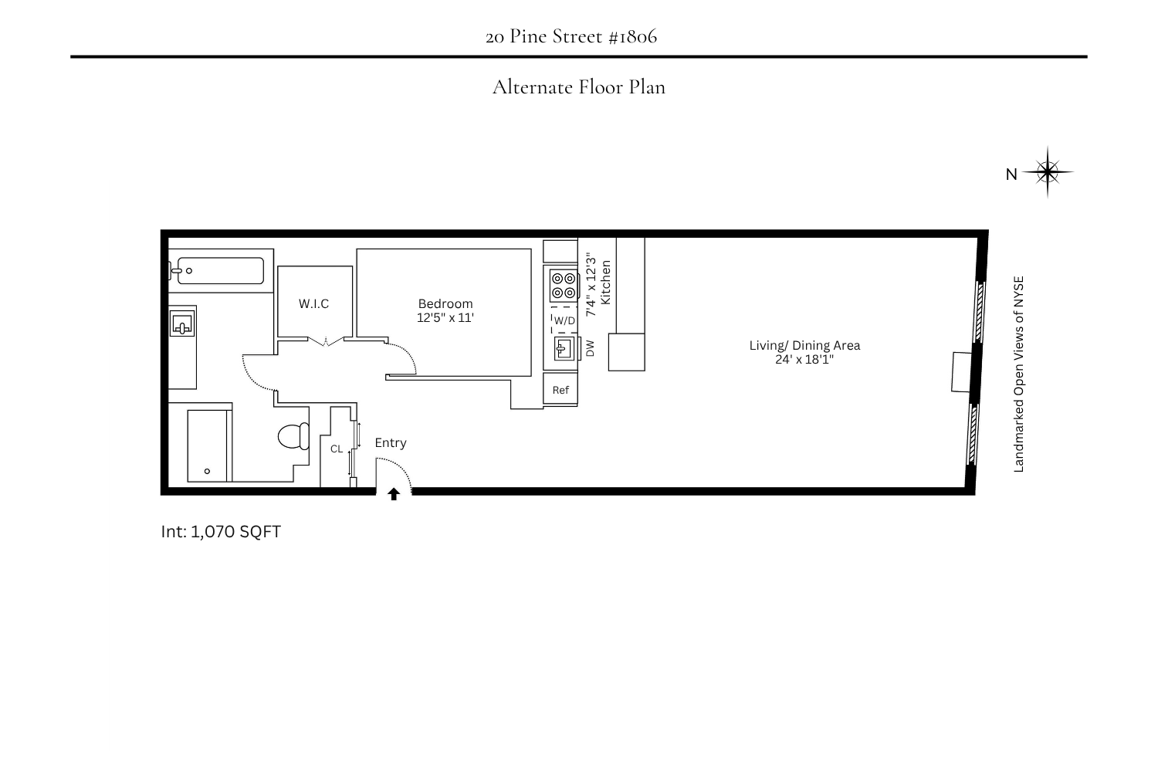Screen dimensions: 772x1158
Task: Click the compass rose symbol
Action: [x=1048, y=172]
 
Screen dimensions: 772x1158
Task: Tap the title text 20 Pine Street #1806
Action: [x=571, y=36]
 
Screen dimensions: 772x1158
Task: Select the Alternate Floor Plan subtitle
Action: [x=578, y=86]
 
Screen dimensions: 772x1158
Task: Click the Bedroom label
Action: [x=445, y=303]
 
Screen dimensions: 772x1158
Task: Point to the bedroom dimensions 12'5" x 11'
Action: [x=445, y=317]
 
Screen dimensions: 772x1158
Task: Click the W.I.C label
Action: [x=313, y=303]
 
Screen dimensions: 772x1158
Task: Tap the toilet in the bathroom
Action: [x=293, y=436]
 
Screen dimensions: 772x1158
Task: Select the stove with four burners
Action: [x=564, y=286]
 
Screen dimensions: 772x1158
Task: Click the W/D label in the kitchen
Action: [x=564, y=320]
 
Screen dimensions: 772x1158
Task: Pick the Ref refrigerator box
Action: [x=560, y=390]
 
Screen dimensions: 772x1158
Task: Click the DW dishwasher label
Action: [x=591, y=348]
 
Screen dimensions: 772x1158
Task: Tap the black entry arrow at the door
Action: [x=394, y=494]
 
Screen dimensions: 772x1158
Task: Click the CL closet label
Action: [x=337, y=449]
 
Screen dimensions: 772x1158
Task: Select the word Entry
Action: [x=390, y=442]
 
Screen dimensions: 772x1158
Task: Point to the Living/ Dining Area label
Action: [x=804, y=345]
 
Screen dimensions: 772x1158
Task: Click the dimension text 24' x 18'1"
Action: [x=804, y=359]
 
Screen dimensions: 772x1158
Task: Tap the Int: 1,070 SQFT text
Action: [x=221, y=531]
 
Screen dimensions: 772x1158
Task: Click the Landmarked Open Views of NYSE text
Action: [x=1018, y=374]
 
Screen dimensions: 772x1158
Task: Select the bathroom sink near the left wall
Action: [x=182, y=323]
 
